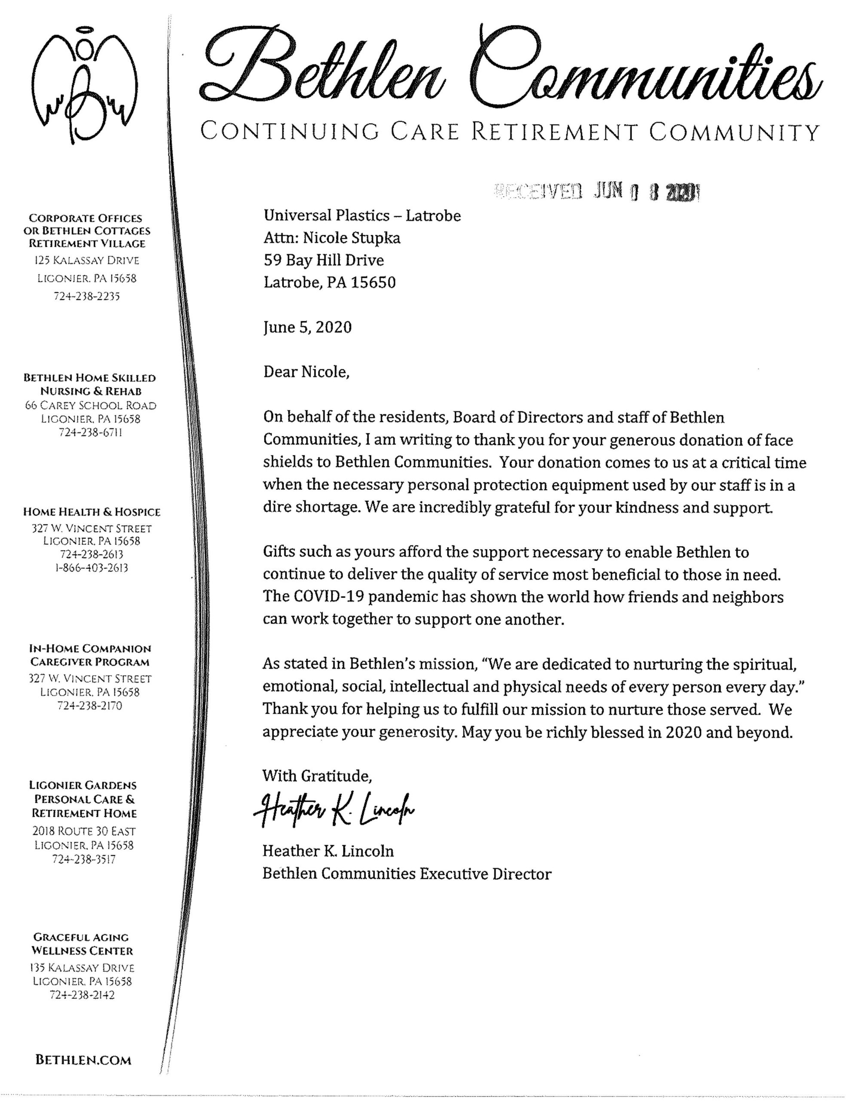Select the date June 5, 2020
point(307,327)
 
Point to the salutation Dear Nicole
point(306,372)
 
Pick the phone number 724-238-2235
point(87,296)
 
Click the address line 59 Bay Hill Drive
point(324,260)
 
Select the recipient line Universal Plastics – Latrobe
point(362,216)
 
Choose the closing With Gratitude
point(317,775)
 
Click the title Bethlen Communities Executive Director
point(407,873)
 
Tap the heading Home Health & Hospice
point(92,512)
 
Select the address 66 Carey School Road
point(91,405)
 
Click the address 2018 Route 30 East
point(84,831)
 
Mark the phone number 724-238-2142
point(82,995)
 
